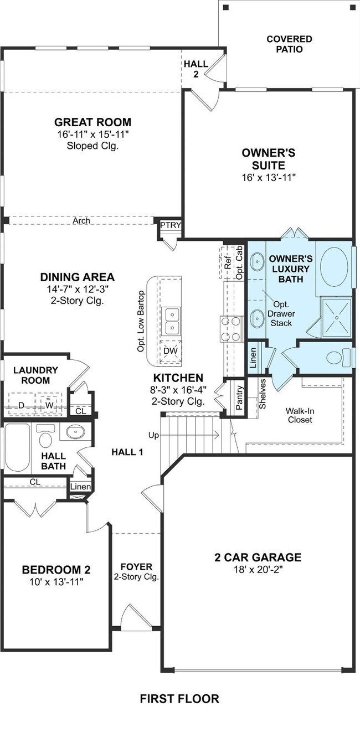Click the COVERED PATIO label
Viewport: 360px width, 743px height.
289,44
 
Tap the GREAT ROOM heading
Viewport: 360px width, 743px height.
93,122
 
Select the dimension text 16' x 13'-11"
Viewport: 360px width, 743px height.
269,178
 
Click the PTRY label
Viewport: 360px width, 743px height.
171,225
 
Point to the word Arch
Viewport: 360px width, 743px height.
81,220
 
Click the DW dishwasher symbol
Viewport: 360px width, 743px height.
171,352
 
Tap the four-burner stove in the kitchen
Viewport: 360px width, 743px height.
230,329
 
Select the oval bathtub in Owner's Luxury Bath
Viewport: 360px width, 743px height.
335,266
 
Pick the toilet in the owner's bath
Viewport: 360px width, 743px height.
339,358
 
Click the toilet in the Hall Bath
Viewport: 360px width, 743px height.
45,436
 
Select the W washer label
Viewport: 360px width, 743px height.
49,405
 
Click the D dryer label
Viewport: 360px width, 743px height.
21,405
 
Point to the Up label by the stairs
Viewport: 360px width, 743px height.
153,435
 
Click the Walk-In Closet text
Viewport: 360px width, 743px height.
300,415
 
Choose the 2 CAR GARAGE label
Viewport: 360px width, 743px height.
258,557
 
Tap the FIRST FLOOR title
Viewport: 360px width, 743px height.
179,699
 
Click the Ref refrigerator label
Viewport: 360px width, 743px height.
228,262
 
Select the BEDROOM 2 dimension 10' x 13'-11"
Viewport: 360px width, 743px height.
56,581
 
